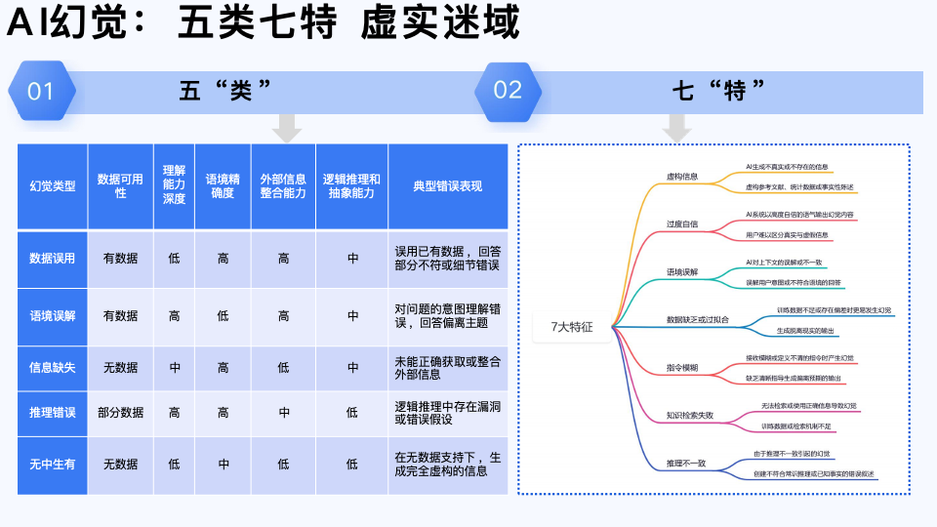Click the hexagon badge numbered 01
[x=41, y=91]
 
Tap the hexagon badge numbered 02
[x=508, y=91]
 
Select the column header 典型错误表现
[x=448, y=186]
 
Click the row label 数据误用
[x=53, y=259]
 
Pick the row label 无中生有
[x=53, y=464]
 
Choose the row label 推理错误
[x=53, y=413]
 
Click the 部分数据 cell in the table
[x=121, y=413]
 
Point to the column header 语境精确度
[x=224, y=186]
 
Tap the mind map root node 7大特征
[x=572, y=327]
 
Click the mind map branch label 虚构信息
[x=681, y=177]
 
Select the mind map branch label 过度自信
[x=681, y=224]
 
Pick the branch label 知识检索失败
[x=689, y=416]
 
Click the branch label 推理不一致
[x=685, y=464]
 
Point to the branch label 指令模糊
[x=681, y=368]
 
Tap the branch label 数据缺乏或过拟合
[x=696, y=320]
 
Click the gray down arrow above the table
[x=286, y=127]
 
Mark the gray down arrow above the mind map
[x=676, y=127]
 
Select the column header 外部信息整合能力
[x=283, y=186]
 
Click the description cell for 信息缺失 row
[x=448, y=368]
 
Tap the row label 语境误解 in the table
[x=53, y=316]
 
